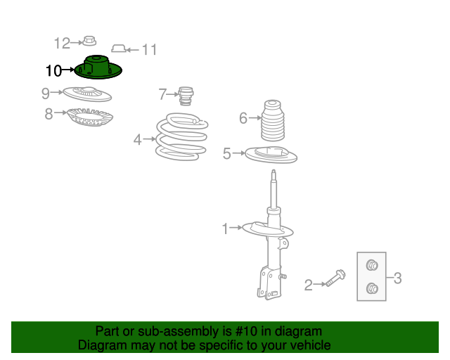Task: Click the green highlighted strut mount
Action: (98, 68)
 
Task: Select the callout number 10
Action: (53, 70)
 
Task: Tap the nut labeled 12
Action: (89, 41)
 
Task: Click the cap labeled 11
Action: (119, 49)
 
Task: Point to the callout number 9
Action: (46, 94)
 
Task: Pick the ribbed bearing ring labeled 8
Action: (90, 117)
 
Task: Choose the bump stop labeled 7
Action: (186, 96)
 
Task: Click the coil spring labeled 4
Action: (182, 136)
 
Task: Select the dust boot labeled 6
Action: (273, 120)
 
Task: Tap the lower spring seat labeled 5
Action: (271, 155)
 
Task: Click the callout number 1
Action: (225, 229)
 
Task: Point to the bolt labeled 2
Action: (335, 278)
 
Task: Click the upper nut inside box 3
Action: (372, 265)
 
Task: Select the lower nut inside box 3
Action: (372, 288)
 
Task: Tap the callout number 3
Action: (397, 278)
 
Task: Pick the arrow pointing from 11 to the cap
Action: (133, 50)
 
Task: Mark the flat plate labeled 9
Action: (87, 94)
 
